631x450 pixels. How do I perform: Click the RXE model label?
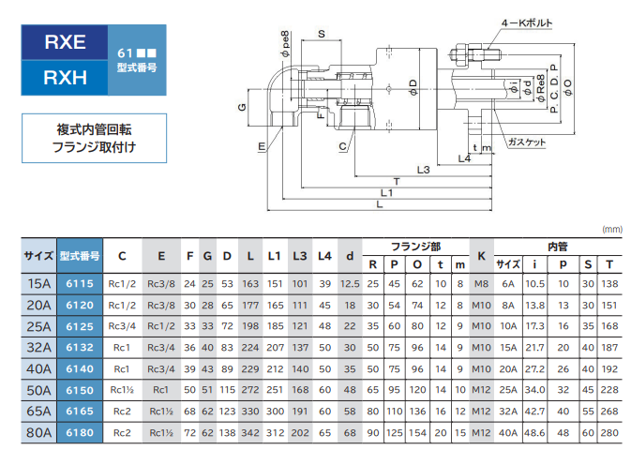coord(65,41)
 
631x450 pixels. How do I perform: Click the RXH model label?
coord(65,77)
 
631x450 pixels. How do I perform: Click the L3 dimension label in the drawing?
coord(423,170)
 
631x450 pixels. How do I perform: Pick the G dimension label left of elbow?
coord(240,109)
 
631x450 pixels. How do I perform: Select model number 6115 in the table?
coord(80,283)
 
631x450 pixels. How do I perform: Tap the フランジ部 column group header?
coord(414,246)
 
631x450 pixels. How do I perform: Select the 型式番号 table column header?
coord(80,254)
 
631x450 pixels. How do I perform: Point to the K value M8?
coord(481,283)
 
